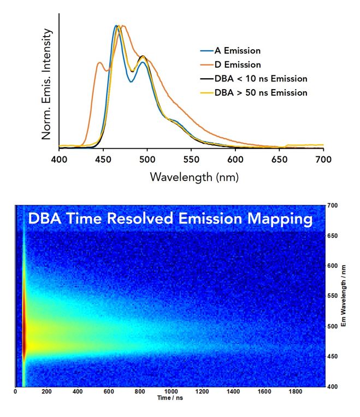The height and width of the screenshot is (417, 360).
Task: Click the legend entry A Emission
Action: point(230,50)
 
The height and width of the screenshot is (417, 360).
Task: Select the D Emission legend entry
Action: point(230,64)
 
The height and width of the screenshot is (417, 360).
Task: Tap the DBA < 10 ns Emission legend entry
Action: point(253,79)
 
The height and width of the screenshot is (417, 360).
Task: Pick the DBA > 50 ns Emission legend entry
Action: point(253,93)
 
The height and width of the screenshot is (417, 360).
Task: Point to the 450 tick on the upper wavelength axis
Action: point(103,159)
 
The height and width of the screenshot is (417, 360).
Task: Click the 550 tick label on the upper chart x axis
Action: point(191,159)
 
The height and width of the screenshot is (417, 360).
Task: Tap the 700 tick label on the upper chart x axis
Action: point(323,159)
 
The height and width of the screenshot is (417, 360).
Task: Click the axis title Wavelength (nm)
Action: point(194,177)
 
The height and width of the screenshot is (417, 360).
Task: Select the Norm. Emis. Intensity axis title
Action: point(46,84)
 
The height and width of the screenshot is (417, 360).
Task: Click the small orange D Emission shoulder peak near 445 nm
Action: point(100,63)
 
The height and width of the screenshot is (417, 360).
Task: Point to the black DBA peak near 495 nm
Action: point(143,56)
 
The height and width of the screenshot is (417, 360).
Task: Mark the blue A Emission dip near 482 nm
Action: point(131,81)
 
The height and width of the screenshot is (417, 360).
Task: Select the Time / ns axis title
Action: point(170,398)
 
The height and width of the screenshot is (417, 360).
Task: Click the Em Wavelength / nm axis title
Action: point(344,296)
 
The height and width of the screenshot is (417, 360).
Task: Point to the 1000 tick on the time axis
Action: point(171,391)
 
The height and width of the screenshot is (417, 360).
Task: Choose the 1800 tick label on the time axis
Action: point(296,391)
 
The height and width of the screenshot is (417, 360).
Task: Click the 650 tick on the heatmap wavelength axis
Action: point(333,236)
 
